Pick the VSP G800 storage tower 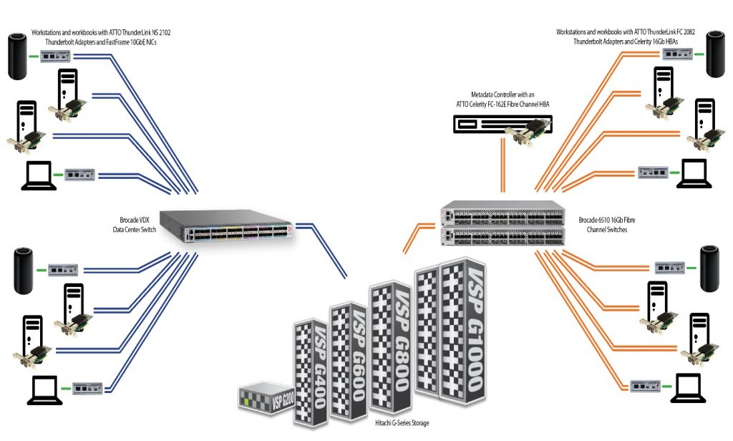tap(391, 340)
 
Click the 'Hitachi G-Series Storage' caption tap(402, 423)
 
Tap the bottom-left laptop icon tap(44, 388)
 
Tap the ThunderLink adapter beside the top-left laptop tap(80, 174)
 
